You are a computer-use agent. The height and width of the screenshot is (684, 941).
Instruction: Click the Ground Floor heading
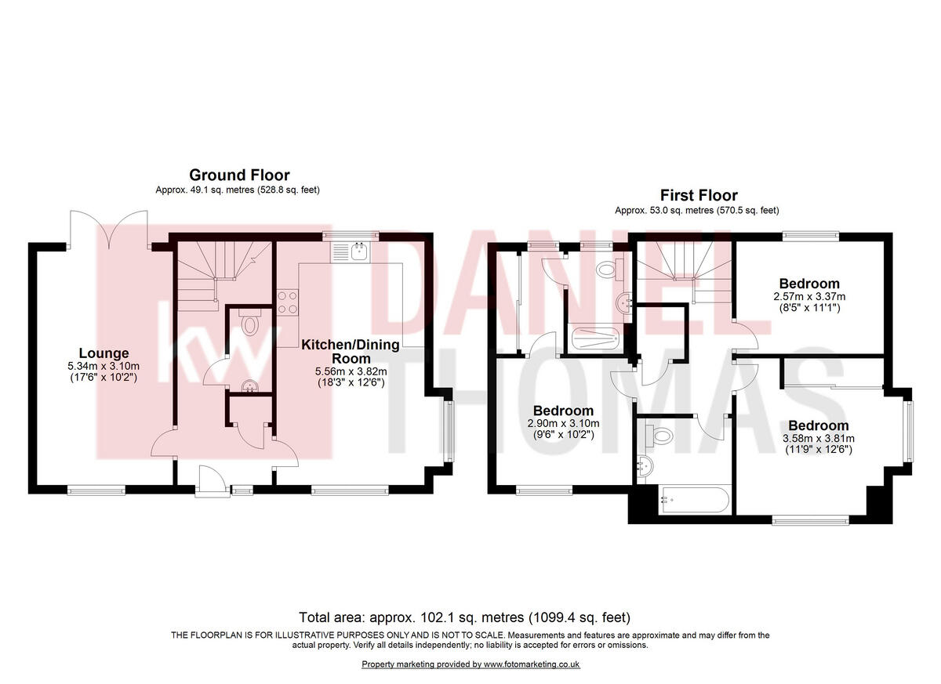tap(239, 176)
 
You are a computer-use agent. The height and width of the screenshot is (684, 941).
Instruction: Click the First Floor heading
tap(698, 196)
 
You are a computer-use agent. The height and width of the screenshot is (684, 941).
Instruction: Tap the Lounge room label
tap(104, 353)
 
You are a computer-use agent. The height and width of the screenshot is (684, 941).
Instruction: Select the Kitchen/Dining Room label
tap(351, 350)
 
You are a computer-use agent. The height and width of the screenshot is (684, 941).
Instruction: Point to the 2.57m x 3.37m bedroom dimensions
tap(808, 297)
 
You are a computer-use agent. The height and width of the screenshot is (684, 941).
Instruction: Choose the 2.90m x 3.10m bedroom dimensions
tap(563, 424)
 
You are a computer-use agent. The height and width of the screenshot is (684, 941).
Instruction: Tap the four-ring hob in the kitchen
tap(287, 302)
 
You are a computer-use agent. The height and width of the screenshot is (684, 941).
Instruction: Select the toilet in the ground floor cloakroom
tap(250, 324)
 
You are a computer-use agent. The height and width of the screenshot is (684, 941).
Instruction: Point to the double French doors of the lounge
tap(108, 227)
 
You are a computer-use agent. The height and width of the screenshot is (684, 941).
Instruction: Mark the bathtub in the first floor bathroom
tap(695, 499)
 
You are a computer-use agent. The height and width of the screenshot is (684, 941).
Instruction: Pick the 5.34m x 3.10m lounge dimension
tap(104, 366)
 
